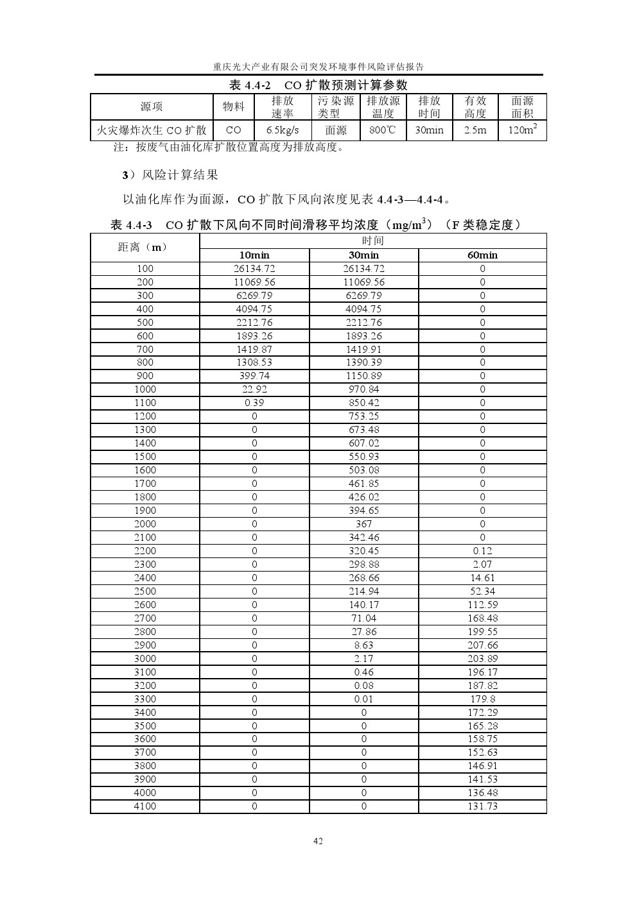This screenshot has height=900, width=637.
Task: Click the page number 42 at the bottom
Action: click(x=318, y=841)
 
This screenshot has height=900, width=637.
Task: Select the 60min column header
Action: click(x=482, y=255)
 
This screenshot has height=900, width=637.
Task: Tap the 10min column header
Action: click(x=254, y=255)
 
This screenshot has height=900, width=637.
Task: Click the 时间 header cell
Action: click(x=372, y=241)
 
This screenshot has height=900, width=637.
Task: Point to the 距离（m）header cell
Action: click(x=144, y=247)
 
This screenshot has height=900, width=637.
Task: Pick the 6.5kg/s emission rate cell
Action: click(x=283, y=130)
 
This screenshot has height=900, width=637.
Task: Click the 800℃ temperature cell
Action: click(x=383, y=130)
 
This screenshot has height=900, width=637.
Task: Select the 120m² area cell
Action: click(x=522, y=130)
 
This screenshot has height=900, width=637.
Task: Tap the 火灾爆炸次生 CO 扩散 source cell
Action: click(x=152, y=130)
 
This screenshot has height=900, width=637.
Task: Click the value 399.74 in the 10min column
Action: click(x=254, y=376)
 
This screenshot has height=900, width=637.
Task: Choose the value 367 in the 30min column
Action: click(x=363, y=524)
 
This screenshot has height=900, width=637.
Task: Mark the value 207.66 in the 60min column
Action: click(x=482, y=645)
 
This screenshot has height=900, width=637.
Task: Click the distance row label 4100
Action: click(x=145, y=806)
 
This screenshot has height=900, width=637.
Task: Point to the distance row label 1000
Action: click(x=145, y=389)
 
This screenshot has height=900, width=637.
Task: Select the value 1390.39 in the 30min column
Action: click(x=363, y=362)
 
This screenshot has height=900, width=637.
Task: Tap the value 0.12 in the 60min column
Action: click(x=482, y=551)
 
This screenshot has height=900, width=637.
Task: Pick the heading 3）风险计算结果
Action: click(x=170, y=174)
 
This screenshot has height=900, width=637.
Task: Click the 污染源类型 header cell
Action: click(x=336, y=107)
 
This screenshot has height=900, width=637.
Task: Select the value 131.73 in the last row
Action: click(x=482, y=806)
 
